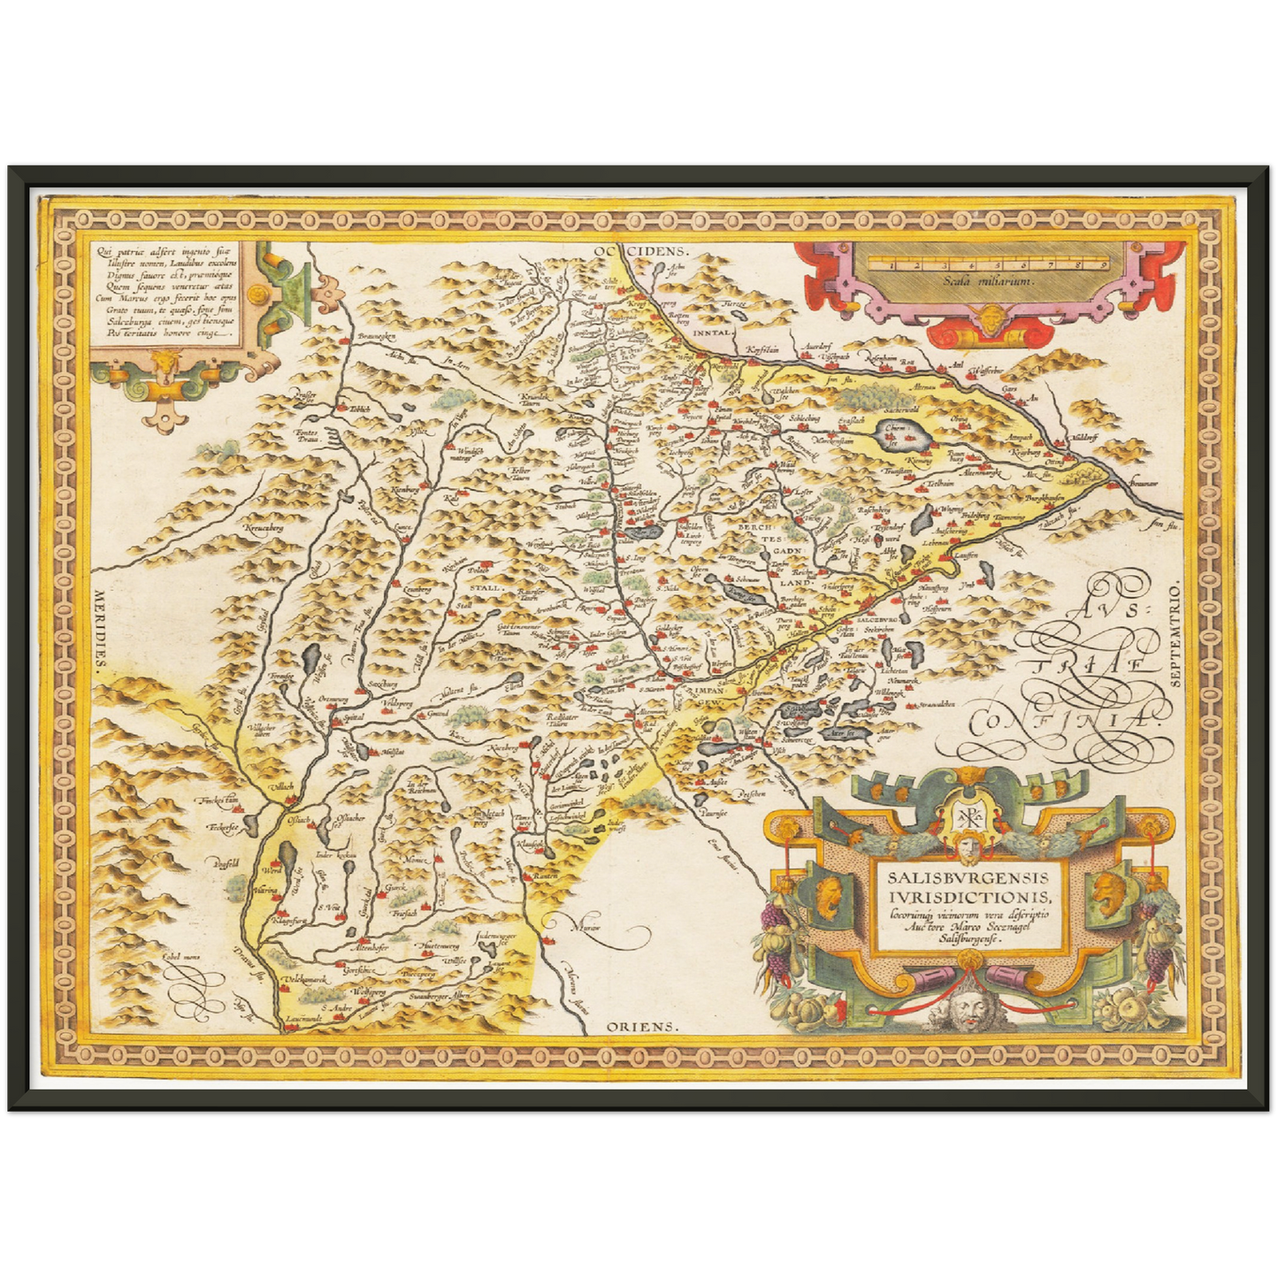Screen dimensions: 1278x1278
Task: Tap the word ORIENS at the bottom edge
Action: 641,1027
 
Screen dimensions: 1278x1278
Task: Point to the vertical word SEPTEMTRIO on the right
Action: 1175,635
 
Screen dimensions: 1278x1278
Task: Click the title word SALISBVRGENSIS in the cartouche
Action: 968,877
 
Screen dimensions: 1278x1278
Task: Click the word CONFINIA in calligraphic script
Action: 1061,721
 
